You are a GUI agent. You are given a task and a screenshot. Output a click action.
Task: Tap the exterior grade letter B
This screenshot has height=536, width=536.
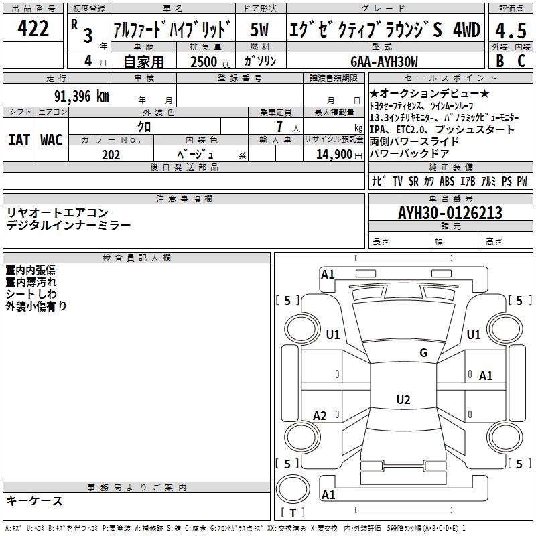pyautogui.click(x=499, y=60)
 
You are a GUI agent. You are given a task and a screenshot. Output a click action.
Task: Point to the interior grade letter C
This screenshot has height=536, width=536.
pyautogui.click(x=521, y=60)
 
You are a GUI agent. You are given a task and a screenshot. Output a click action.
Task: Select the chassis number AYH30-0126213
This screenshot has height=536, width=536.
pyautogui.click(x=450, y=213)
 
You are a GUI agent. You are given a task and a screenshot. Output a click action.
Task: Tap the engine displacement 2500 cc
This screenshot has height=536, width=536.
pyautogui.click(x=209, y=62)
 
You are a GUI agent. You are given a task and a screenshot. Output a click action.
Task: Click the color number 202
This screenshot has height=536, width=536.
pyautogui.click(x=111, y=155)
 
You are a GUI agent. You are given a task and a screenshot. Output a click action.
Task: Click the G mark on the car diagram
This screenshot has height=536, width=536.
pyautogui.click(x=423, y=353)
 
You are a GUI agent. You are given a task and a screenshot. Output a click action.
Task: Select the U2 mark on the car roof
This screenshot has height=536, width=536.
pyautogui.click(x=403, y=400)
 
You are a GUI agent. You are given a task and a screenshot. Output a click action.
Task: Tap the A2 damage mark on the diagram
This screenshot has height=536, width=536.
pyautogui.click(x=320, y=416)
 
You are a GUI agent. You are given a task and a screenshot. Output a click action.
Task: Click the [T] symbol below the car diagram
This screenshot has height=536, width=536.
pyautogui.click(x=292, y=513)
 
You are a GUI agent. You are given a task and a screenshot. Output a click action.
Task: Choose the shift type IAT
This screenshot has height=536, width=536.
pyautogui.click(x=19, y=140)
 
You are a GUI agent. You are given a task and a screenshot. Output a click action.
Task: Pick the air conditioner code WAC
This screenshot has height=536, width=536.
pyautogui.click(x=51, y=140)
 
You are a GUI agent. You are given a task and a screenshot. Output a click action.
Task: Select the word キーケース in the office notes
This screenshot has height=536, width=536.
pyautogui.click(x=35, y=500)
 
